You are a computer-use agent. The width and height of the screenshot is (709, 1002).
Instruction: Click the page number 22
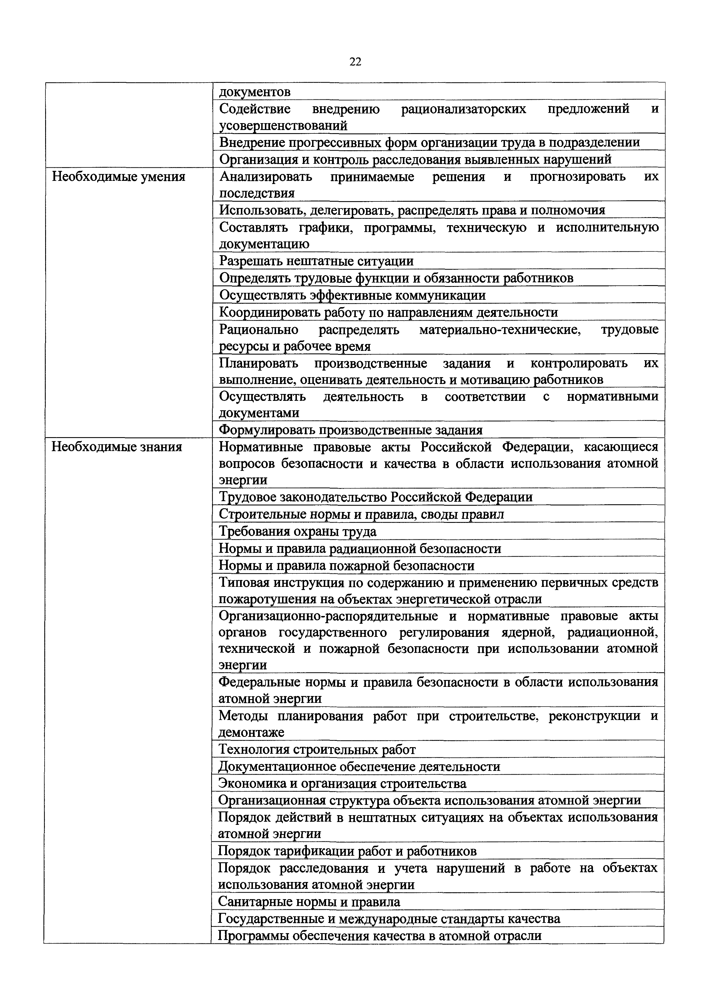pos(355,62)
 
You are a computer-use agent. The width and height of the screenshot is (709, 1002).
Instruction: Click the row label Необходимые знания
pos(117,447)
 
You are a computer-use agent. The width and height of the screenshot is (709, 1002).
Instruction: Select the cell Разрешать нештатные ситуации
pos(316,261)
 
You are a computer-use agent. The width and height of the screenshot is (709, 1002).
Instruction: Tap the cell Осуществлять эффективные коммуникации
pos(352,295)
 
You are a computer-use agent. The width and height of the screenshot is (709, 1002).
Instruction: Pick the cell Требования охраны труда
pos(297,531)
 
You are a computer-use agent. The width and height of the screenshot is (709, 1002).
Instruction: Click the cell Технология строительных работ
pos(317,749)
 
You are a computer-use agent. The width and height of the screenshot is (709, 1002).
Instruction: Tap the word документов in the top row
pos(255,92)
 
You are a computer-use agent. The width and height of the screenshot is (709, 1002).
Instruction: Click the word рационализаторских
pos(463,109)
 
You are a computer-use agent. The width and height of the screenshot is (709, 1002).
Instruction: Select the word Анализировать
pos(265,177)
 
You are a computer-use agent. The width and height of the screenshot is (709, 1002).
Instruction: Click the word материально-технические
pos(500,329)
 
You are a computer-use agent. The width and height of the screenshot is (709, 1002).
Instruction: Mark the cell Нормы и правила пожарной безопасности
pos(346,566)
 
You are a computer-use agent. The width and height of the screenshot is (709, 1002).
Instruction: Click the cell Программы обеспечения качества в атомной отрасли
pos(380,936)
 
